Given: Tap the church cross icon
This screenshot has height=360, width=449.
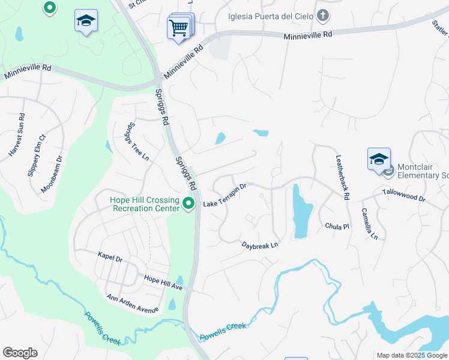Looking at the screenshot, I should coord(323,16).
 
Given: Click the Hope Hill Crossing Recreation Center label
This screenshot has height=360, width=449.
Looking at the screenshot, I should coord(145,204).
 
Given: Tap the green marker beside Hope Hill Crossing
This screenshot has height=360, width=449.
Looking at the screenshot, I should coord(189,204).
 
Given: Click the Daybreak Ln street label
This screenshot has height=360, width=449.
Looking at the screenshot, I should coord(261,245).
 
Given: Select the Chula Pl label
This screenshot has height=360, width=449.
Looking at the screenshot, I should coord(337,227).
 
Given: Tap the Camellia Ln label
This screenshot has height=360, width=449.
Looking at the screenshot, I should coord(369,224).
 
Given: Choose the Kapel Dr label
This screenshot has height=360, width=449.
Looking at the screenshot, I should coord(110,257).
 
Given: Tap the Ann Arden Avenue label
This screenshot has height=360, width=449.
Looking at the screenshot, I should coord(132,304).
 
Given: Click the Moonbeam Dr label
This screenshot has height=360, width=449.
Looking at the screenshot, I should coord(52,175).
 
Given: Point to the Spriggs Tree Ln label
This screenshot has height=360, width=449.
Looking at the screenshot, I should coord(137,142).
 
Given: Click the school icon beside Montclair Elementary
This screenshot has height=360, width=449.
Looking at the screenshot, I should coord(379,159).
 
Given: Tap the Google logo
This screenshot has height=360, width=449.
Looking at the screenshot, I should coord(20,353).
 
